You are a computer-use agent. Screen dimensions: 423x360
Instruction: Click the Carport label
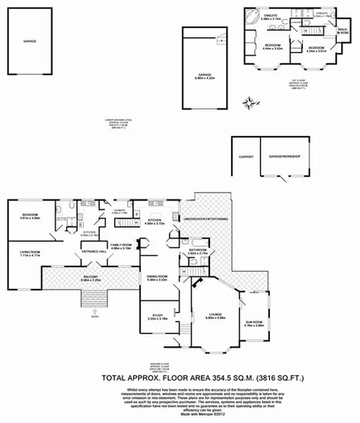[x=246, y=155]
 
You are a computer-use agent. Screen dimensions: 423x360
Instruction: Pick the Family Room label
[x=122, y=244]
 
